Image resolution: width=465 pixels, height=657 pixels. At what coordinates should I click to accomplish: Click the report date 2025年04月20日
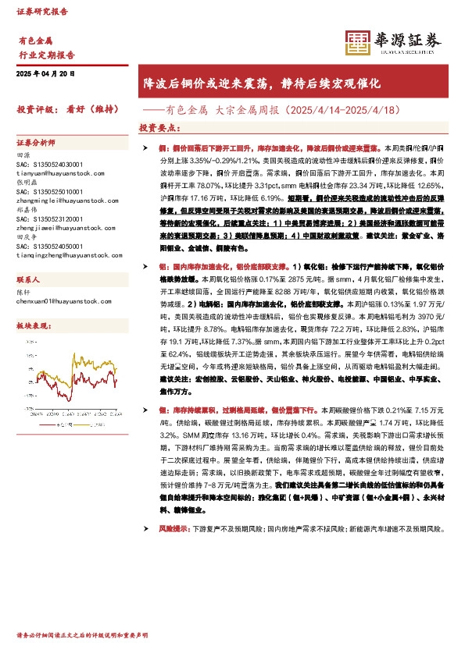coord(45,73)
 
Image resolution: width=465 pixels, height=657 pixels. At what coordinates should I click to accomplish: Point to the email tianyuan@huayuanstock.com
coord(55,173)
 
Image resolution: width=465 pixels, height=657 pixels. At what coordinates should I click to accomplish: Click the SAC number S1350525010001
coord(49,191)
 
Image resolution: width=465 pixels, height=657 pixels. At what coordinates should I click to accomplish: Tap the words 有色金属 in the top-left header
coord(34,39)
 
